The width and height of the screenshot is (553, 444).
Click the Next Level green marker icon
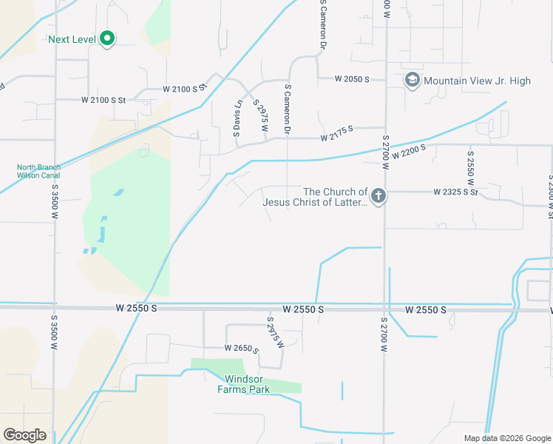(106, 38)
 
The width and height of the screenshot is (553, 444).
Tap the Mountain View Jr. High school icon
(412, 80)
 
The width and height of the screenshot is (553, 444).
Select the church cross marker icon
(378, 196)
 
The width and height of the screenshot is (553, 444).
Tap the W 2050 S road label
(351, 78)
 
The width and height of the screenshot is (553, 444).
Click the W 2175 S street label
(337, 137)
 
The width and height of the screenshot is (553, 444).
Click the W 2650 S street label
(242, 348)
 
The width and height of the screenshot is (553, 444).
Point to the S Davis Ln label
(237, 118)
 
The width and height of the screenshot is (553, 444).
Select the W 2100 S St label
(104, 99)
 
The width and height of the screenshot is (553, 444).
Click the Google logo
(24, 435)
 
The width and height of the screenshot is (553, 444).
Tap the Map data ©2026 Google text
(507, 438)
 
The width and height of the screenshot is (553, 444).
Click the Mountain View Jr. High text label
(478, 81)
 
